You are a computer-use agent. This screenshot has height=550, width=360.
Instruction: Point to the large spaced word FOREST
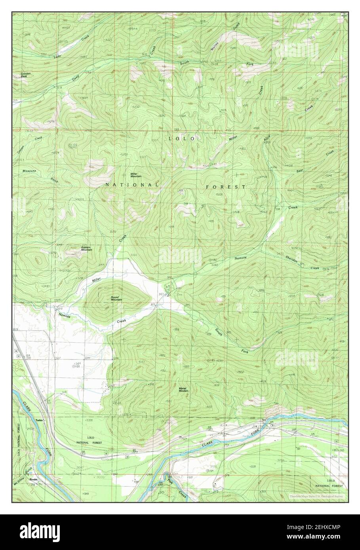tap(225, 186)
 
